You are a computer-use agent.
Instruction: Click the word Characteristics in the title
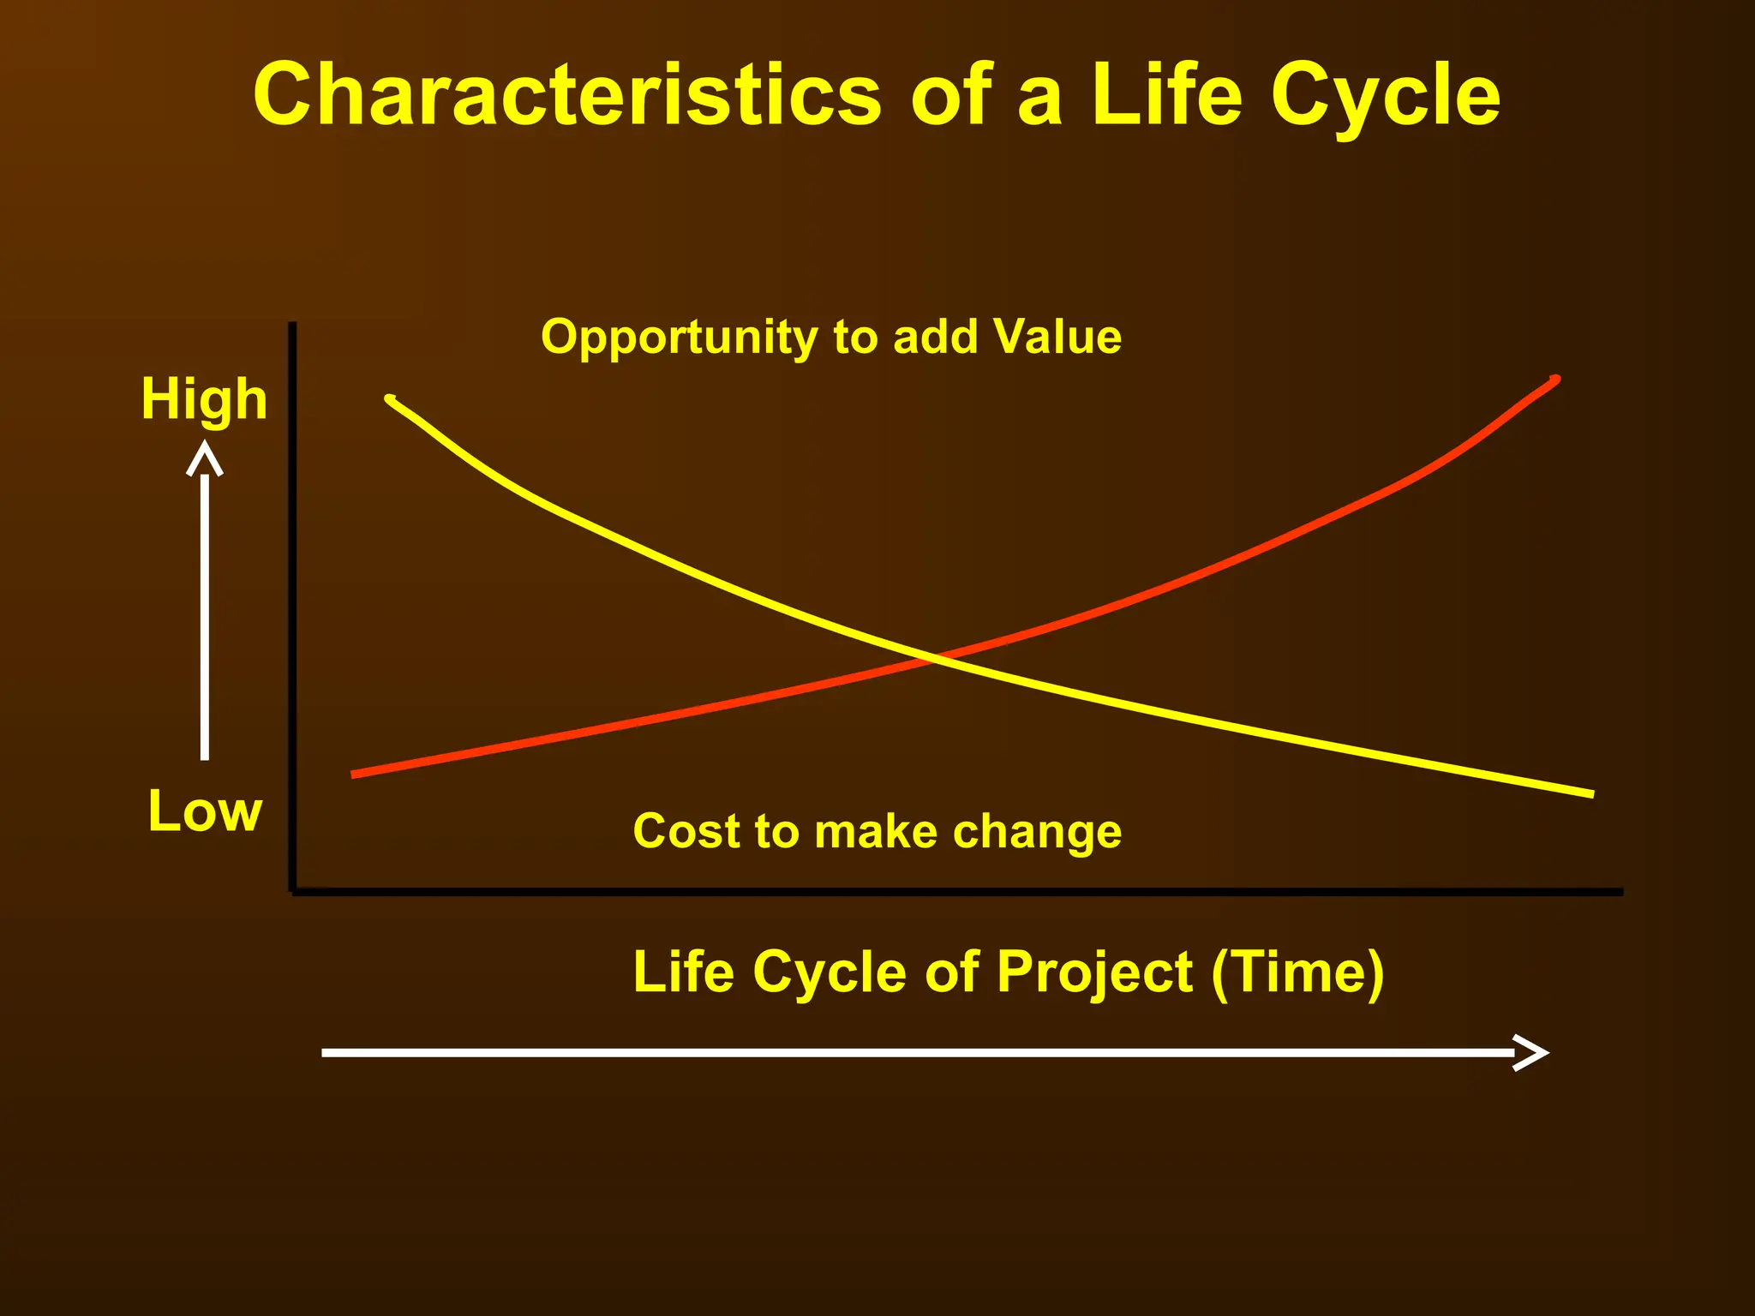pyautogui.click(x=566, y=96)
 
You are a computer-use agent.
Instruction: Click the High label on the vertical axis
pyautogui.click(x=204, y=399)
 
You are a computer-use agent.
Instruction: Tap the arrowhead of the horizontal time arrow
pyautogui.click(x=1532, y=1052)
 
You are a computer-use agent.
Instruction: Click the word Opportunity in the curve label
pyautogui.click(x=680, y=338)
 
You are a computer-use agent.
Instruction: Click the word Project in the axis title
pyautogui.click(x=1094, y=972)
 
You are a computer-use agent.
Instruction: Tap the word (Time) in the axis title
pyautogui.click(x=1297, y=972)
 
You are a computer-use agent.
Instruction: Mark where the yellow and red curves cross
pyautogui.click(x=934, y=658)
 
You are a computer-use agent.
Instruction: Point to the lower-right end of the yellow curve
pyautogui.click(x=1590, y=793)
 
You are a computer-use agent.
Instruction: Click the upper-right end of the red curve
pyautogui.click(x=1554, y=380)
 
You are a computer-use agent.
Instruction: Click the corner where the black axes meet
pyautogui.click(x=293, y=890)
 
